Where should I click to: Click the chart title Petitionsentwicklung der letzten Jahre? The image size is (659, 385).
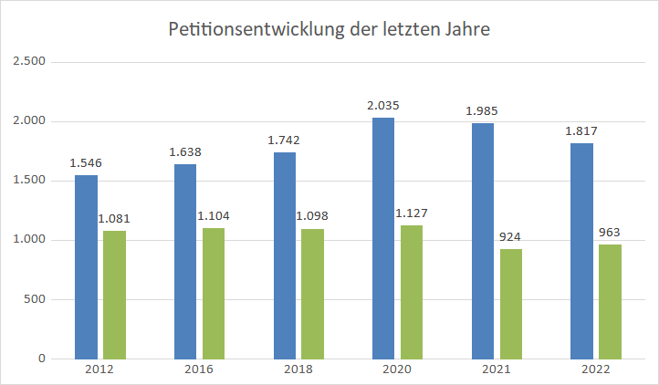tap(329, 29)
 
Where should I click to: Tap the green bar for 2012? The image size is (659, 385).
tap(114, 294)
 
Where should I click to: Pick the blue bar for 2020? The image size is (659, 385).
tap(383, 238)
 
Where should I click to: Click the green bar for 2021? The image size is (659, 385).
tap(510, 304)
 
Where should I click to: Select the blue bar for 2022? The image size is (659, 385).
tap(581, 251)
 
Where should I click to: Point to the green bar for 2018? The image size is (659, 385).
tap(312, 293)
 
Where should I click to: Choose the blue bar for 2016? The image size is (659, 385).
tap(185, 261)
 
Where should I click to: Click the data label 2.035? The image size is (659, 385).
tap(383, 106)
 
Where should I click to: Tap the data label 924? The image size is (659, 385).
tap(510, 237)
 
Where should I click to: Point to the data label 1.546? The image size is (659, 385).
tap(86, 163)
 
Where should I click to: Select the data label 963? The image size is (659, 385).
tap(610, 233)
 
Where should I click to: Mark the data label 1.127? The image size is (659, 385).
tap(412, 213)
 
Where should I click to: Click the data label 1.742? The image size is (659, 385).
tap(284, 140)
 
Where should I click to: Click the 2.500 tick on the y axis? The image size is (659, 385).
tap(28, 62)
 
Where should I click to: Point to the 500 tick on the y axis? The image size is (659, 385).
tap(35, 299)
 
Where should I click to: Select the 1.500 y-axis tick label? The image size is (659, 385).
tap(28, 181)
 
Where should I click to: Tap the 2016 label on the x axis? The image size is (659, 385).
tap(199, 369)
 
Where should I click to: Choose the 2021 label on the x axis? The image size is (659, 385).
tap(497, 369)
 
